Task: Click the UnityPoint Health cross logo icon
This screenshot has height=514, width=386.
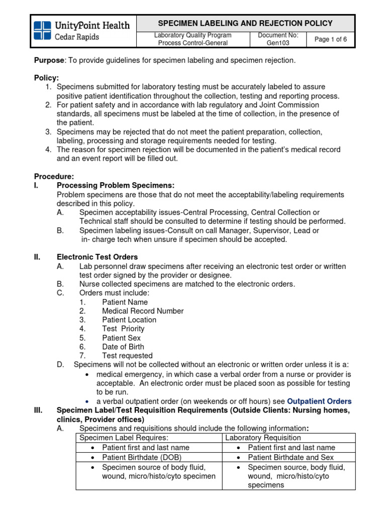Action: (x=42, y=31)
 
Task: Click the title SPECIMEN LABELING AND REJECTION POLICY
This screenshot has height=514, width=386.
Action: (x=245, y=23)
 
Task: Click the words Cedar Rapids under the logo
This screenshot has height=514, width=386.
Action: (x=76, y=37)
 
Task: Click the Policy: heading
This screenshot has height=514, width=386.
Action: (x=46, y=78)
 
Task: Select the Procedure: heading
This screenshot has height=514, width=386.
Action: (x=54, y=176)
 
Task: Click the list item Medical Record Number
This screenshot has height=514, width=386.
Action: (x=143, y=311)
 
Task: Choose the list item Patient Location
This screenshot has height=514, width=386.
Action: (x=129, y=320)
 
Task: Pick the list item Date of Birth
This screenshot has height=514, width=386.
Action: (x=123, y=347)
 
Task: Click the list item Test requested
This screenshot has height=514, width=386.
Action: (x=127, y=356)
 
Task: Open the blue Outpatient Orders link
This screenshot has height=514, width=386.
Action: (x=319, y=401)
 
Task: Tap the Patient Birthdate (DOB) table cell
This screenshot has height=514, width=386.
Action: (x=141, y=457)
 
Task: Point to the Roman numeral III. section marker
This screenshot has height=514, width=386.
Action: (x=38, y=410)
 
